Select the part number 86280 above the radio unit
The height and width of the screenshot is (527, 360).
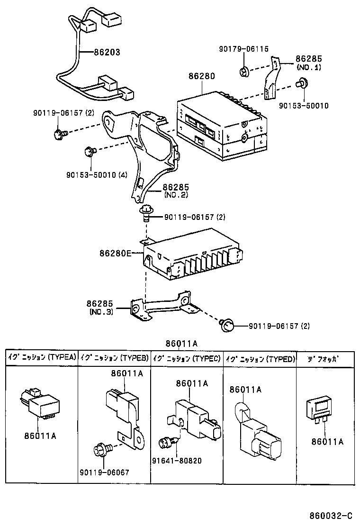(201, 76)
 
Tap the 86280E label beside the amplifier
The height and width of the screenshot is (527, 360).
(115, 253)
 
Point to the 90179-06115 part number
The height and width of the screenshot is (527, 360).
(243, 49)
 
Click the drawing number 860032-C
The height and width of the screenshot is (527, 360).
(330, 515)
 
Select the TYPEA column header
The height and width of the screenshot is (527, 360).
(41, 358)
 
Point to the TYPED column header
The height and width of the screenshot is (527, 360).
(260, 358)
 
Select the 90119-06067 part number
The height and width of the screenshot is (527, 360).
(104, 472)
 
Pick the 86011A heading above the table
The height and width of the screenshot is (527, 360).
(181, 344)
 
